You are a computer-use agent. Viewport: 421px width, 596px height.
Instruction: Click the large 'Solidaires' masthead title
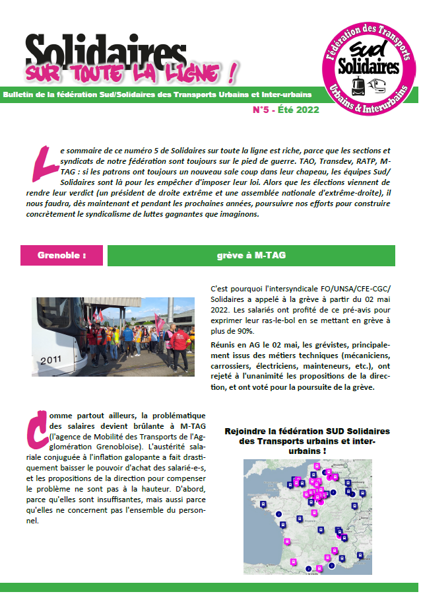coord(106,52)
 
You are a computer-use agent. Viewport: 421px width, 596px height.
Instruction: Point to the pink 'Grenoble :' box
coord(62,254)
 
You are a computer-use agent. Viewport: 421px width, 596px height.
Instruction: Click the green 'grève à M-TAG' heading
coord(251,254)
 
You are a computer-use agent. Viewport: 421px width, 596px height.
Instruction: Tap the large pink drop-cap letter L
coord(41,163)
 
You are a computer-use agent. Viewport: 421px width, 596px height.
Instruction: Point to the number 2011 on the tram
coord(49,361)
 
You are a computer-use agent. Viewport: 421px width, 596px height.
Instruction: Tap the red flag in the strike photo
coord(158,322)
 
